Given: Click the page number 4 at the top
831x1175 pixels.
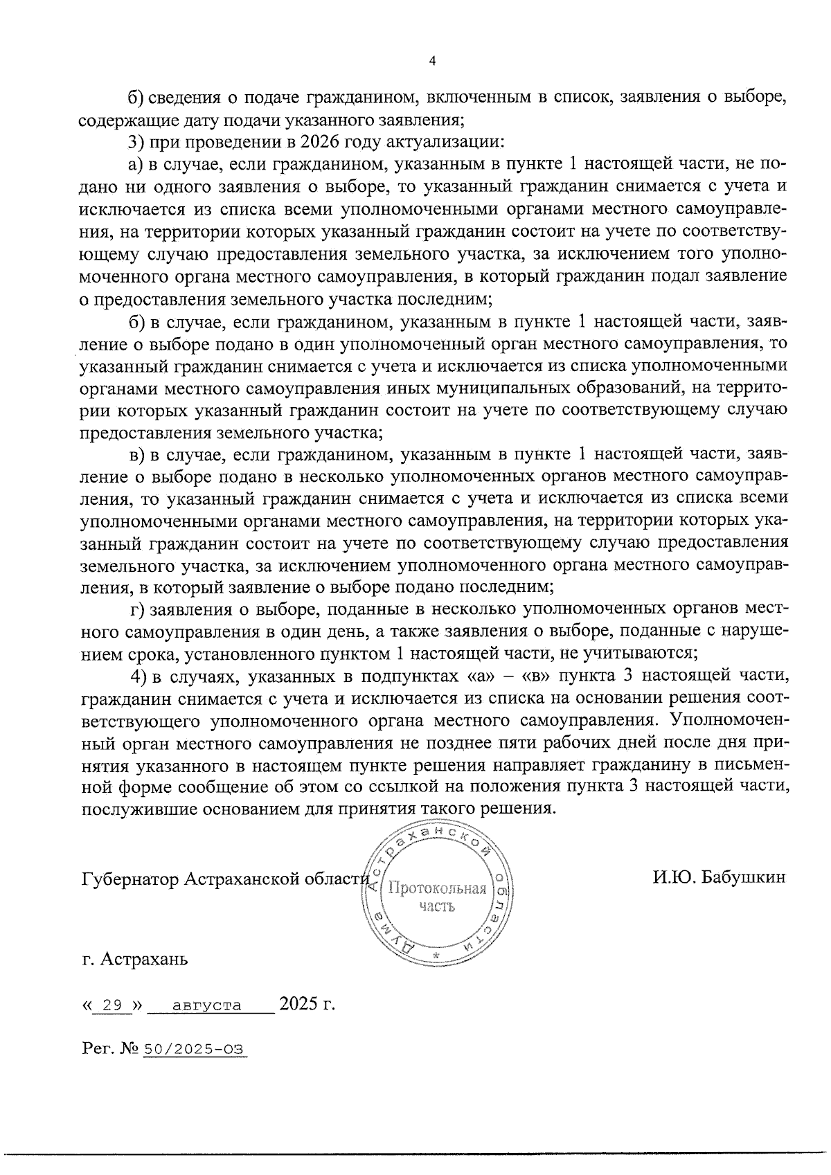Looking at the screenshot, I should (x=432, y=61).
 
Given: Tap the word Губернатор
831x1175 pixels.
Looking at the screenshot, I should (x=130, y=879).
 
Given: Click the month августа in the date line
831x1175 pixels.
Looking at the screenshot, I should (x=207, y=1005).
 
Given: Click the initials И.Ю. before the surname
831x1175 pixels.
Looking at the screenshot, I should (x=674, y=877).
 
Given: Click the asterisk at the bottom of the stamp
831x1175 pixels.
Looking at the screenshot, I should (x=436, y=956).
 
